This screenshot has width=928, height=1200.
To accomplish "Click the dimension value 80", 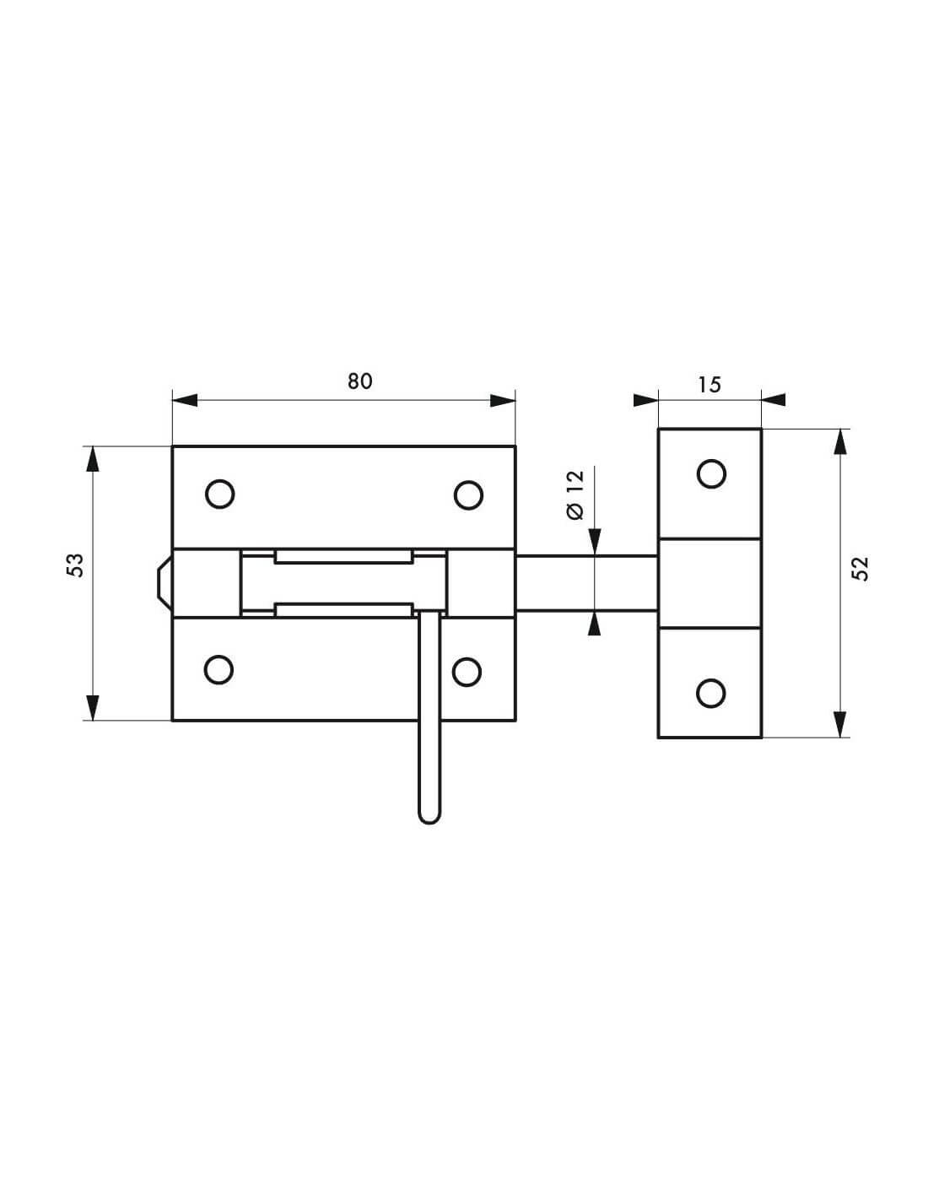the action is [360, 381].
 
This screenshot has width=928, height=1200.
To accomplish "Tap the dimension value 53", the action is [75, 565].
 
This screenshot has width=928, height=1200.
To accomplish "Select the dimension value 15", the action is [709, 385].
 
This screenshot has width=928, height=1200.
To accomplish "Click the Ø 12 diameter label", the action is [575, 495].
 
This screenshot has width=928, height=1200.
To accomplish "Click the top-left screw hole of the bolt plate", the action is [219, 493].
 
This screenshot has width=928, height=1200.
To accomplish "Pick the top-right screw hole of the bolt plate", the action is [468, 495].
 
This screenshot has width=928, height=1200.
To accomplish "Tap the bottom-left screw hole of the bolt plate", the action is [219, 670].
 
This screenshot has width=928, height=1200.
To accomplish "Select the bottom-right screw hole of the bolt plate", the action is [467, 672].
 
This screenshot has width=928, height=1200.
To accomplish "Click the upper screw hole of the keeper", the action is [711, 473].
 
